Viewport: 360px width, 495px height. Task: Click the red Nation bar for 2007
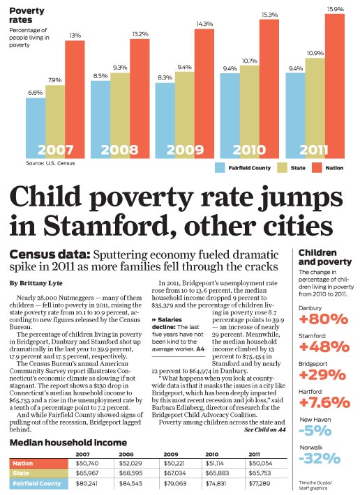point(75,100)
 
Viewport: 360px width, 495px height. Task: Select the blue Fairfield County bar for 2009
point(165,121)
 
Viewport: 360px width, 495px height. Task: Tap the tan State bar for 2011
point(315,108)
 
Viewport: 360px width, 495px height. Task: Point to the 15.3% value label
point(269,15)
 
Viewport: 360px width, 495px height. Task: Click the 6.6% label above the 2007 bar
point(36,93)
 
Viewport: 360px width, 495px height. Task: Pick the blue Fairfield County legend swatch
point(220,167)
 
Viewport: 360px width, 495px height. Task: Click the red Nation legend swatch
point(317,167)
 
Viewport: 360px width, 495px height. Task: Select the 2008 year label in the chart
point(120,150)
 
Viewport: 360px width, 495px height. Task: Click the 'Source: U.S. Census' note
point(50,163)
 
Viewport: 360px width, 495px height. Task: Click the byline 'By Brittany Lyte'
point(36,283)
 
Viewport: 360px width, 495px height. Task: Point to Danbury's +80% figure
point(323,319)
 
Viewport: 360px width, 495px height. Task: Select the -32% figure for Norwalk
point(320,459)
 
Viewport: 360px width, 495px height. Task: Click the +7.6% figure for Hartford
point(324,403)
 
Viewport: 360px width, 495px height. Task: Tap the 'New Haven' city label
point(315,420)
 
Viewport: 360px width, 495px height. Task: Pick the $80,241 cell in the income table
point(87,483)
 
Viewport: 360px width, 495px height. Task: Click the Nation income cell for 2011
point(260,464)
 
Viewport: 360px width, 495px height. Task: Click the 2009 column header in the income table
point(171,455)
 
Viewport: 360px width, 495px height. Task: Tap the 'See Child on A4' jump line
point(265,429)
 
